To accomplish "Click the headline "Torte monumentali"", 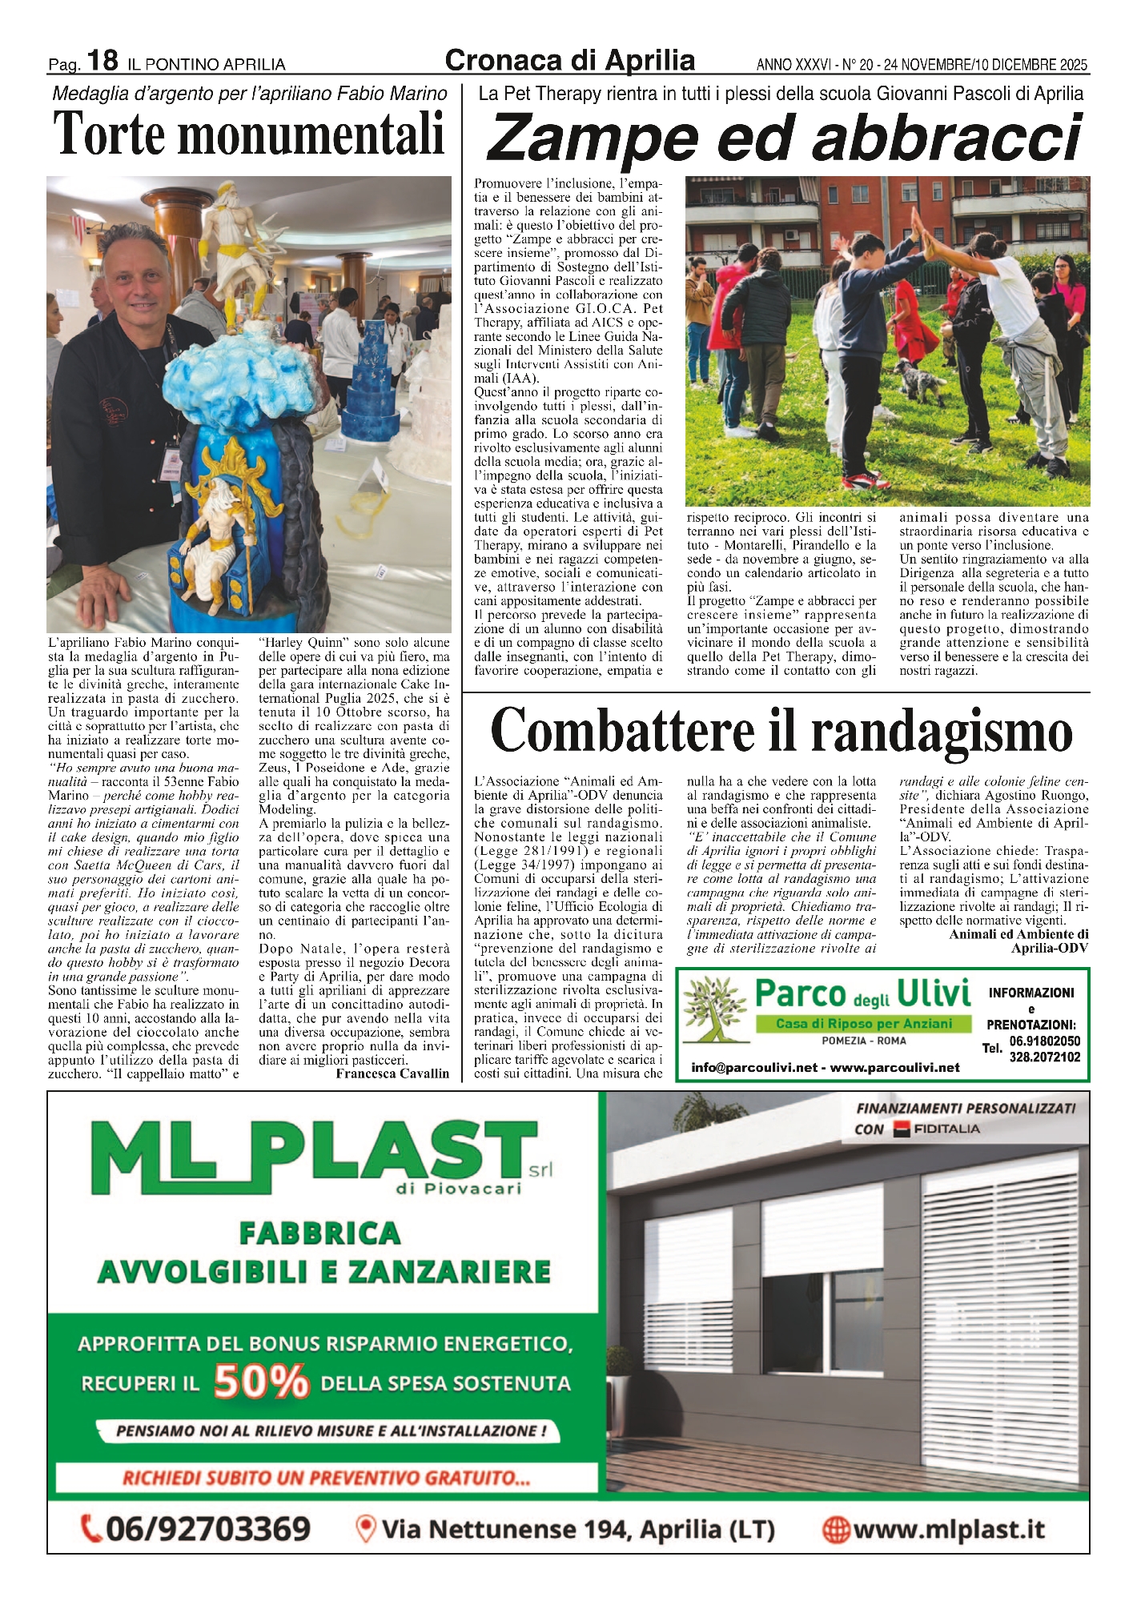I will pos(248,133).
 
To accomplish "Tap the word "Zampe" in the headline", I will pos(593,138).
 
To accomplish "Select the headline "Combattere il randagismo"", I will pos(781,730).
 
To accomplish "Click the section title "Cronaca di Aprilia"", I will pos(569,60).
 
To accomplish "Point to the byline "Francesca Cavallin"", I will pos(392,1073).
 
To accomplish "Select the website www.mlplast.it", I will pos(949,1530).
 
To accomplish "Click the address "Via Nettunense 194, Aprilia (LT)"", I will pos(577,1530).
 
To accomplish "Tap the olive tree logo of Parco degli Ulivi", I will pos(714,1010).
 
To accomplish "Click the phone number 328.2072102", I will pos(1044,1057).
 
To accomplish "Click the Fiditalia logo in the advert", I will pos(937,1129).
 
